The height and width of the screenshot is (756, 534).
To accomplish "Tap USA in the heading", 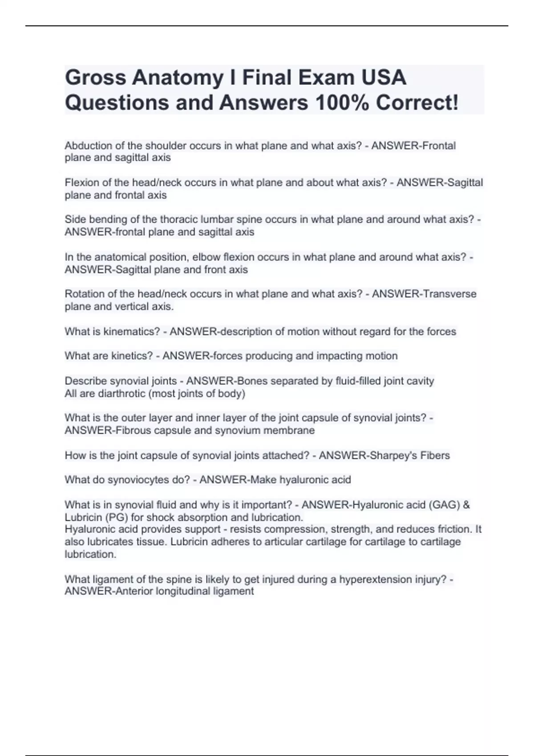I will [x=383, y=77].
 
